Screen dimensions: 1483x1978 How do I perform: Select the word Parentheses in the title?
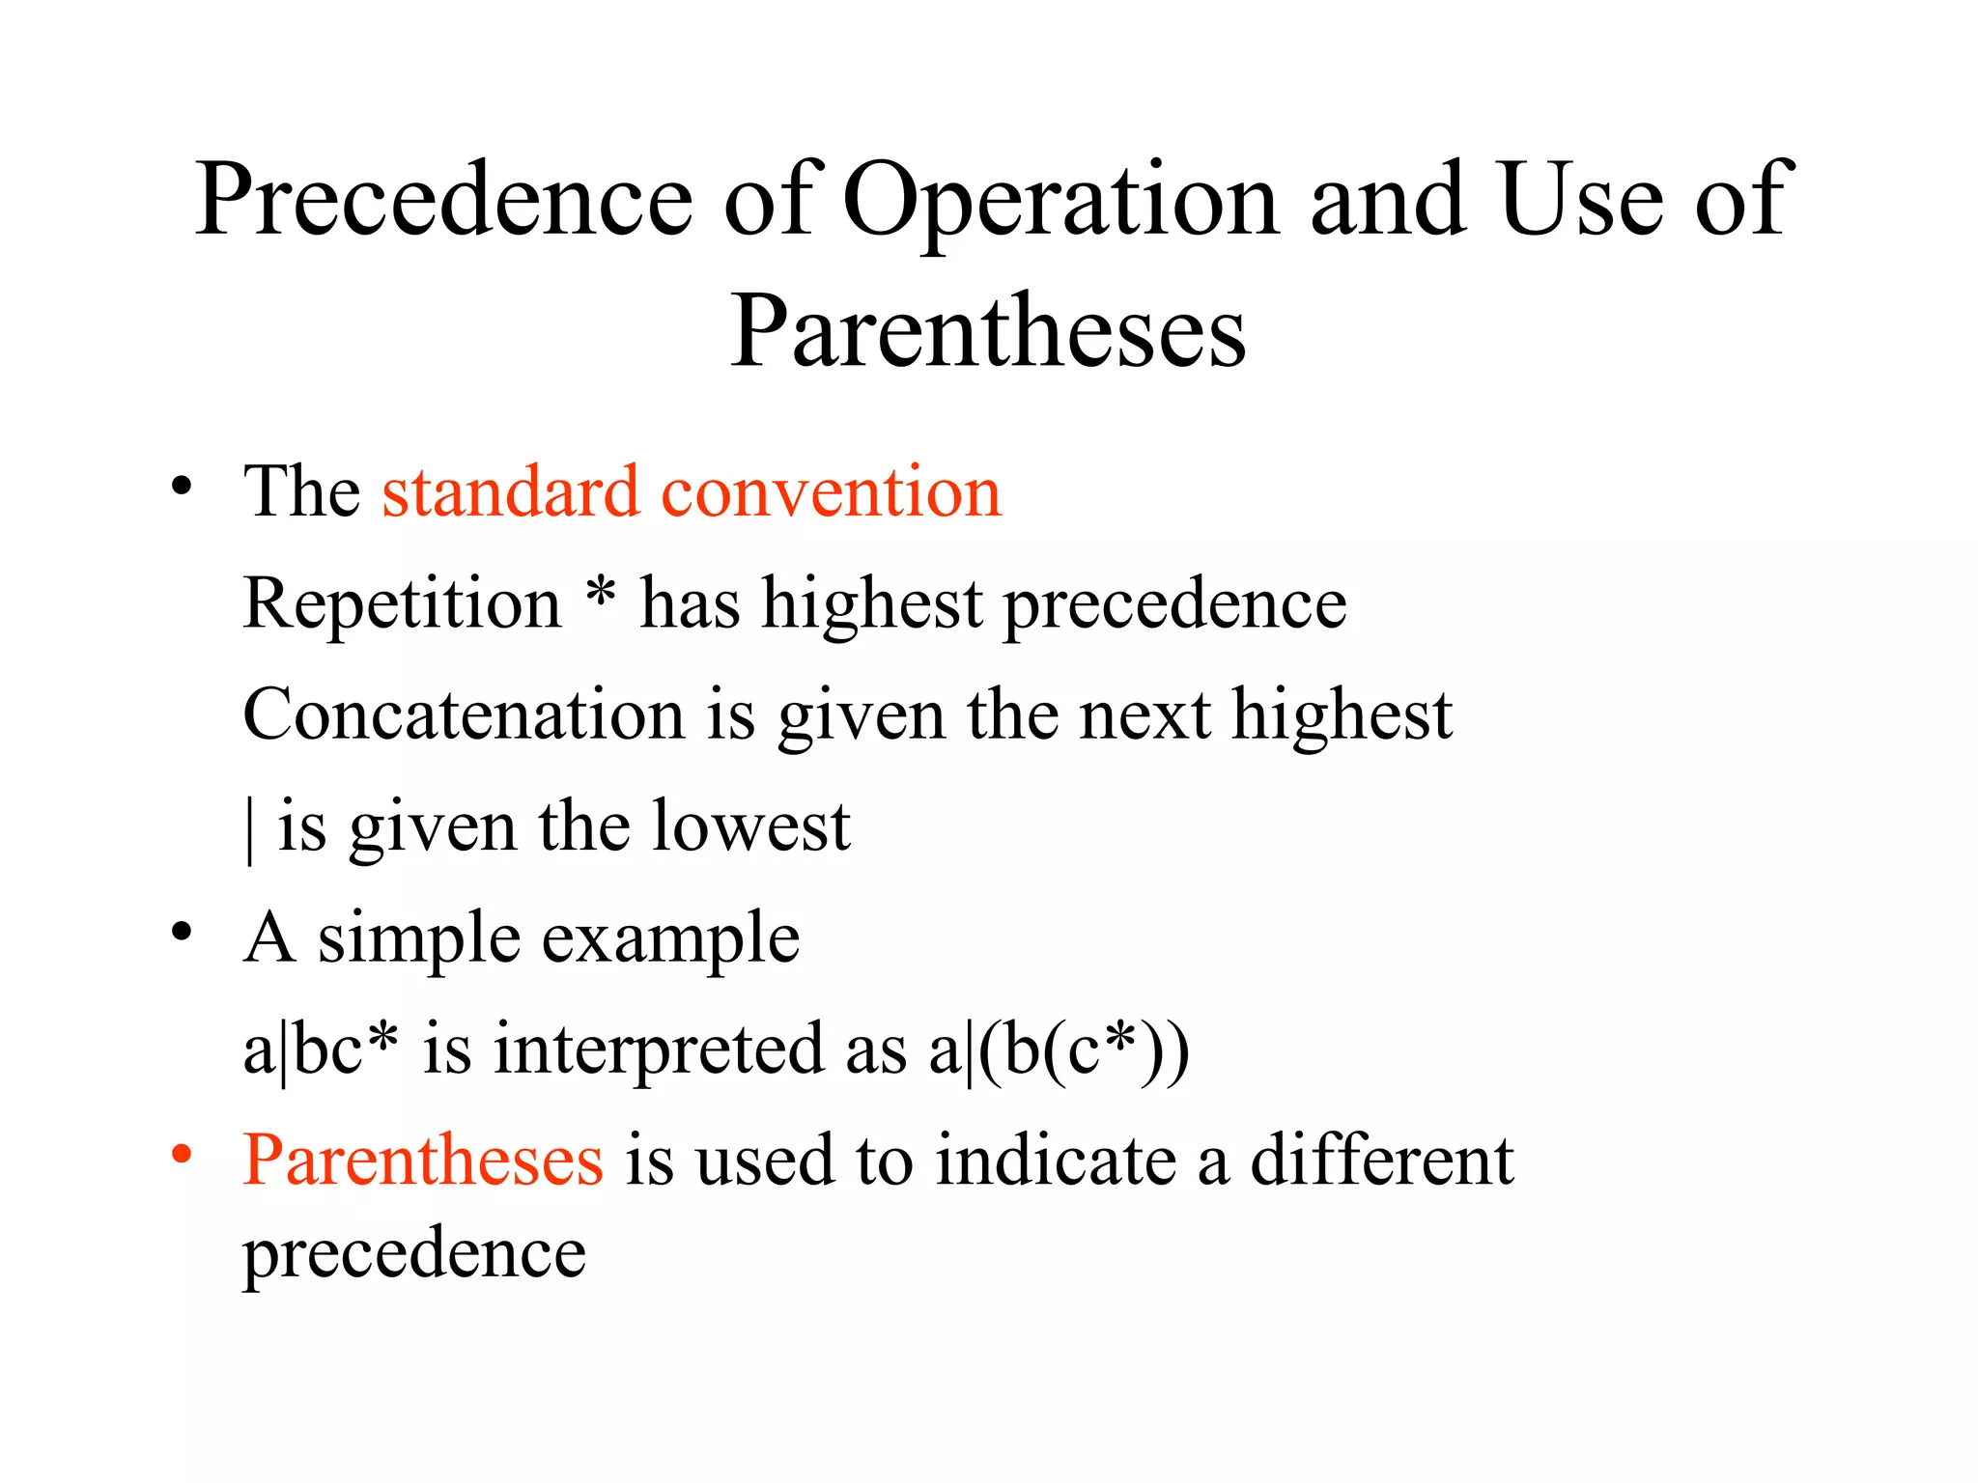(x=988, y=330)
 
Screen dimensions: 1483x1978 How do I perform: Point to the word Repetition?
(x=402, y=603)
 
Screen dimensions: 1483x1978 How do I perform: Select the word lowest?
(x=750, y=826)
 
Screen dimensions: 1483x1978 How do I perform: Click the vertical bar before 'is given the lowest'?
(x=251, y=828)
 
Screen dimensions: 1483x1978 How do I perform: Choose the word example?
(x=670, y=938)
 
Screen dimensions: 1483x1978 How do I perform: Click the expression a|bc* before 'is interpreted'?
(x=320, y=1049)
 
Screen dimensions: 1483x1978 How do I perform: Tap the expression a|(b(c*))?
(x=1059, y=1049)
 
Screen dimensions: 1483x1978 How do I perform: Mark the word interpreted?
(x=659, y=1049)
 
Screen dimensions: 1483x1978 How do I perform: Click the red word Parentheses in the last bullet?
(x=423, y=1160)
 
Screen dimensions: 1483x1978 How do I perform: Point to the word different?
(x=1382, y=1160)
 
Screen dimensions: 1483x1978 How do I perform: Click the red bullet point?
(x=182, y=1155)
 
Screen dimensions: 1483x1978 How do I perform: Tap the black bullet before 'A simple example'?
(x=182, y=933)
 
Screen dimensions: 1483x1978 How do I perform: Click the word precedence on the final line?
(x=414, y=1253)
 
